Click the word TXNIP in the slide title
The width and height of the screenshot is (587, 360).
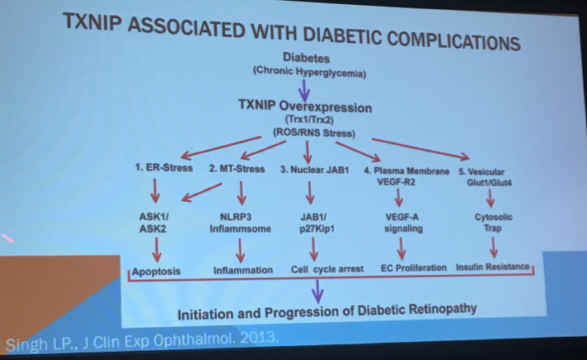click(x=92, y=22)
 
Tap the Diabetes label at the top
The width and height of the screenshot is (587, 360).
click(x=306, y=58)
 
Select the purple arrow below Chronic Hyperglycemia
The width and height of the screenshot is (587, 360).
click(x=304, y=90)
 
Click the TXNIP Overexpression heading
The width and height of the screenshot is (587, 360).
click(x=305, y=106)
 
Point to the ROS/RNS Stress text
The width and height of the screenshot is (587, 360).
click(x=314, y=133)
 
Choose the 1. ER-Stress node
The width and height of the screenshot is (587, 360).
click(x=164, y=168)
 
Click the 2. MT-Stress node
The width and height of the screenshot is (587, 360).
click(x=237, y=169)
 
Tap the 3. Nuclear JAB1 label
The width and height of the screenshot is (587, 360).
click(x=314, y=170)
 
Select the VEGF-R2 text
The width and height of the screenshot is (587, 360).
click(x=396, y=182)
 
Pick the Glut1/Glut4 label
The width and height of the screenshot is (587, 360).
click(x=489, y=183)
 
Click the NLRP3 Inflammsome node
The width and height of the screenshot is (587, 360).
click(x=240, y=222)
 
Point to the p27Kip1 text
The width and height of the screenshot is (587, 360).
click(x=317, y=229)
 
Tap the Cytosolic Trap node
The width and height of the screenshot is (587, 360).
click(x=493, y=222)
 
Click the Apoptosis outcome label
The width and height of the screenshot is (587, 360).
click(x=156, y=271)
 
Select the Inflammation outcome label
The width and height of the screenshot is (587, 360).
click(x=243, y=270)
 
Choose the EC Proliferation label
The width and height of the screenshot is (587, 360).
click(x=414, y=268)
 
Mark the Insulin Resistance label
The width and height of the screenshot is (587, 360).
click(x=493, y=267)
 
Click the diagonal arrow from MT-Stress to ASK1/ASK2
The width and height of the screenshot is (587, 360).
click(x=202, y=192)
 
